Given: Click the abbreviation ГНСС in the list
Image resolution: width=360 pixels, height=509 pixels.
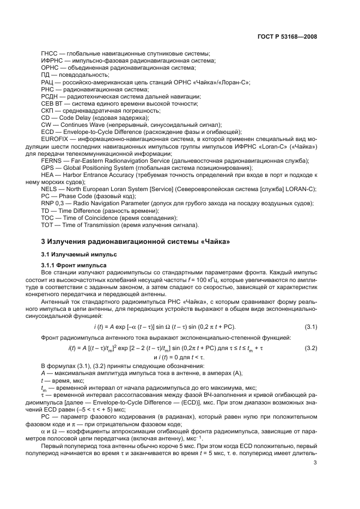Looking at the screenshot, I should (x=50, y=54).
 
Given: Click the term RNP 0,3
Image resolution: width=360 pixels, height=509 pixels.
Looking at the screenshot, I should (x=53, y=203).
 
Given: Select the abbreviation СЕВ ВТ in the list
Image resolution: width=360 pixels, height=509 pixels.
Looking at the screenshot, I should (x=52, y=103).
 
